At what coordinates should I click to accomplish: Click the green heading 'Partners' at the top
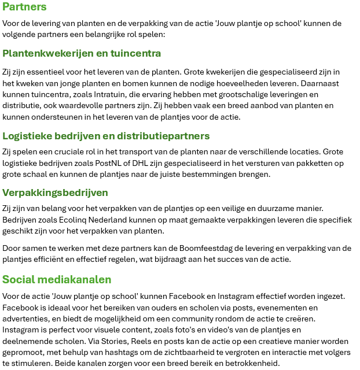tap(24, 8)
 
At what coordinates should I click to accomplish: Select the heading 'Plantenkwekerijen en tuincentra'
tap(82, 53)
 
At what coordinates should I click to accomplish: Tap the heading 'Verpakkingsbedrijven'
tap(55, 193)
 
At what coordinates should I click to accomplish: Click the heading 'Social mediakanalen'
tap(57, 280)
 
